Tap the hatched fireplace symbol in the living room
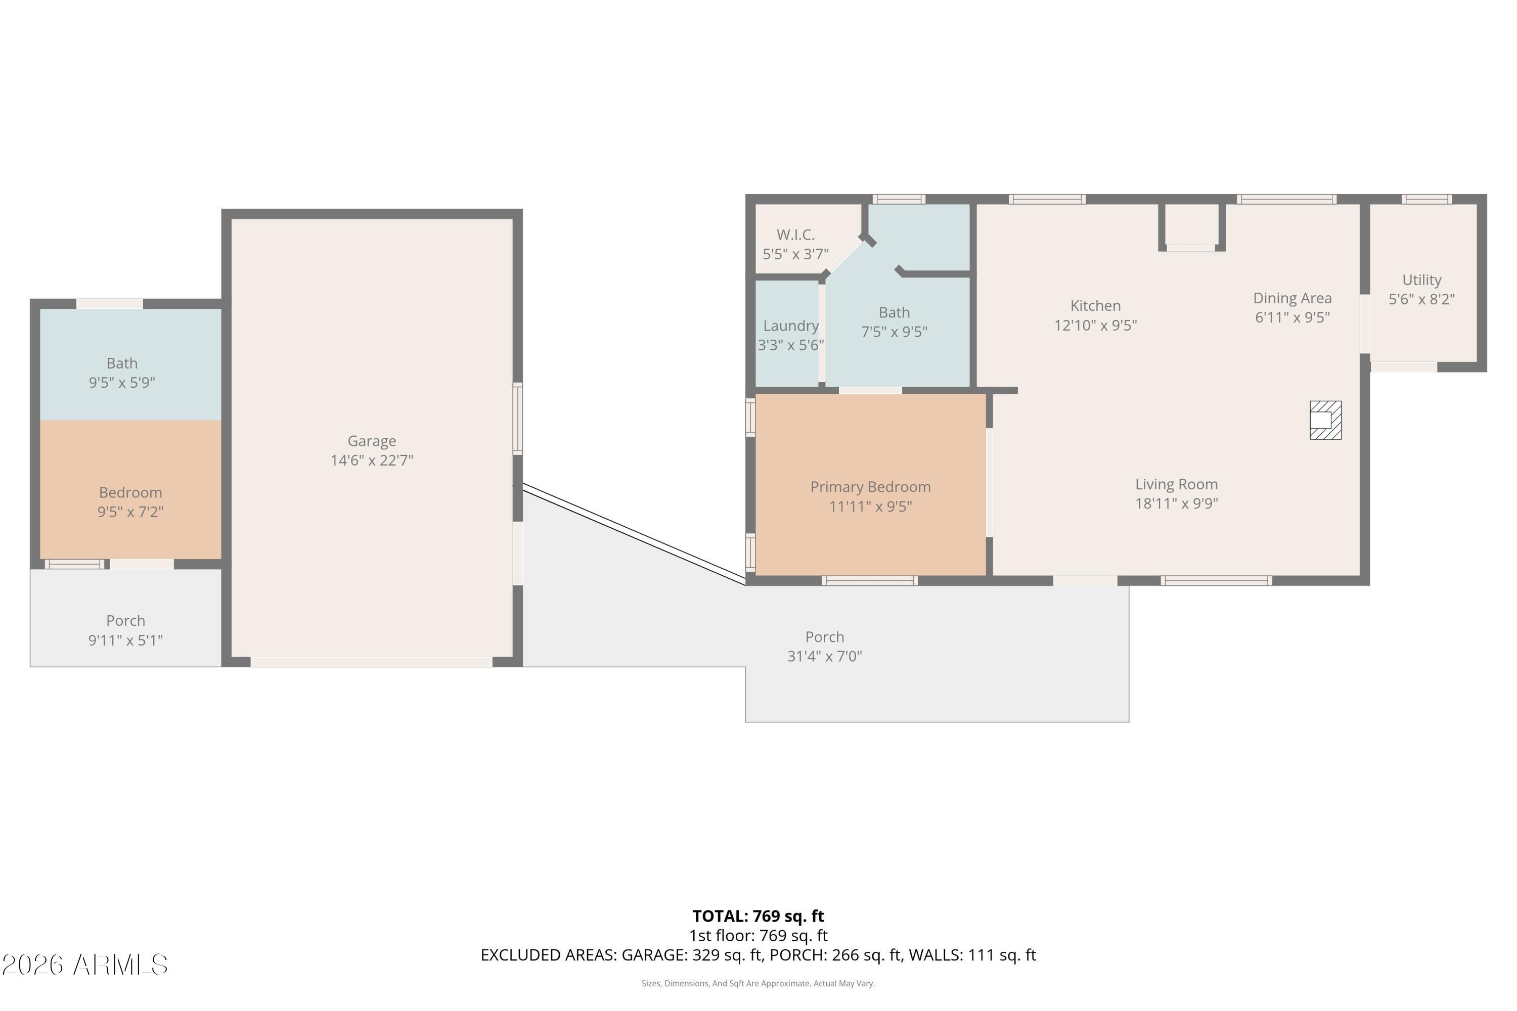[1325, 421]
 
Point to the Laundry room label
[791, 326]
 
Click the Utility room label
[1421, 281]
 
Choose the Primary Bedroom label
[870, 487]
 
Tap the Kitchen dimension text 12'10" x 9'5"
[1095, 326]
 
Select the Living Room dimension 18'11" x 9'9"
[1177, 503]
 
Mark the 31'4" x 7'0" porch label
[824, 656]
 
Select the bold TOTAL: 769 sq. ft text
[758, 916]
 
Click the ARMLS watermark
[84, 965]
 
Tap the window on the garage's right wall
[517, 419]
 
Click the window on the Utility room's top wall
[1426, 199]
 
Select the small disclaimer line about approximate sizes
[758, 983]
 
